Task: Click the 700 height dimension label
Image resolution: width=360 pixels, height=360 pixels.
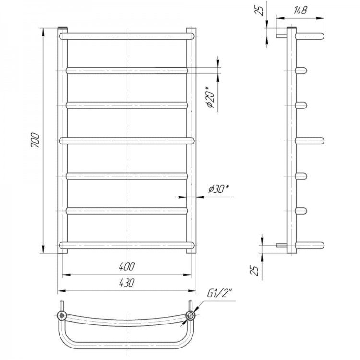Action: [36, 140]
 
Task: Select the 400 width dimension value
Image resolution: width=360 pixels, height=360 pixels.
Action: [127, 266]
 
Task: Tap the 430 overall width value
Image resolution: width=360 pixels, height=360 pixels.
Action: [127, 283]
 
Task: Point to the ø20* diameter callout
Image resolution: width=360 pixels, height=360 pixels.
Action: [210, 97]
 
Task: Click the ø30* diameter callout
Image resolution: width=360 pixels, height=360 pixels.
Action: [219, 189]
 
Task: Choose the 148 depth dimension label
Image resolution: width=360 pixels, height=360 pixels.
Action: [300, 10]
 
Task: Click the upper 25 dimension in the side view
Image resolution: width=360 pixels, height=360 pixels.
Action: [261, 11]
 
